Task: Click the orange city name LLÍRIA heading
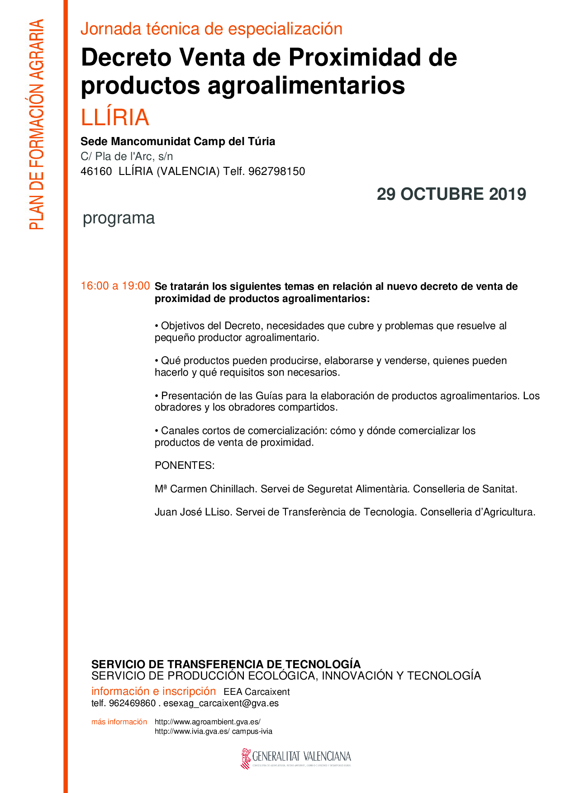(x=115, y=118)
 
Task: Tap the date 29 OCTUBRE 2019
(x=451, y=194)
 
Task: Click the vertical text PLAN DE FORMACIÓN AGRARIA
(x=37, y=124)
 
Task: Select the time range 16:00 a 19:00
(x=115, y=286)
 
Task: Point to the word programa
(x=119, y=218)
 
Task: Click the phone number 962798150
(x=276, y=171)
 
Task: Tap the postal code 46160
(x=96, y=171)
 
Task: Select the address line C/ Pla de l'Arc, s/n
(x=127, y=156)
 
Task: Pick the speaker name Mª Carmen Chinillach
(x=206, y=489)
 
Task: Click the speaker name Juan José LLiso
(x=193, y=512)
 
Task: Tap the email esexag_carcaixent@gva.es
(x=221, y=703)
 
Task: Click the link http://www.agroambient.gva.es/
(x=207, y=722)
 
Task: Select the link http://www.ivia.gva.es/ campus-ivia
(x=213, y=732)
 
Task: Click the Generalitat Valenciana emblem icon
(x=246, y=758)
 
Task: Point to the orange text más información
(x=119, y=722)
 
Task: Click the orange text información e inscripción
(x=153, y=691)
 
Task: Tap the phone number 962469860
(x=132, y=703)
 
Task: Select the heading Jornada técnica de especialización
(x=211, y=29)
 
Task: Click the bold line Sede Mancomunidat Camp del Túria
(x=178, y=142)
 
